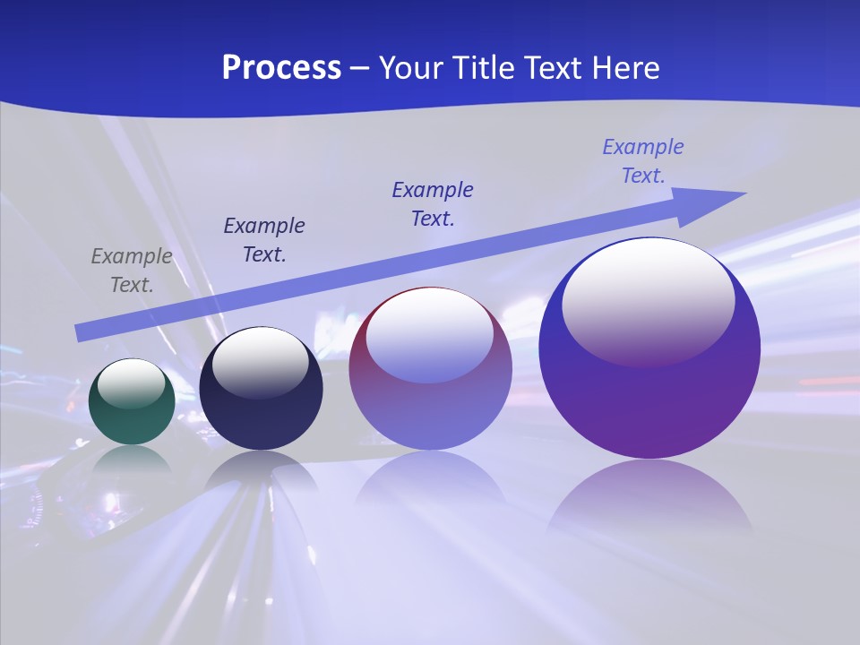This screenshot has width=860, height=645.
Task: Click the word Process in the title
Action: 281,68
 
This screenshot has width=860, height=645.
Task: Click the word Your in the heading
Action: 411,68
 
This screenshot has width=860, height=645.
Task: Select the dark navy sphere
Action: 261,412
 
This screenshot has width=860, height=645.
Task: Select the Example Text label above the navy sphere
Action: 264,239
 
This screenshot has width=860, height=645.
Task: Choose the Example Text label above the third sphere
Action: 433,203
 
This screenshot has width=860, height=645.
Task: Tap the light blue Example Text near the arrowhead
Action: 643,161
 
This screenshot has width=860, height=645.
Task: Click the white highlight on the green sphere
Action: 132,383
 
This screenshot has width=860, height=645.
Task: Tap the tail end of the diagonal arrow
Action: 82,331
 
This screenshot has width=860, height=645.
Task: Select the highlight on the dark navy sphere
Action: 261,361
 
